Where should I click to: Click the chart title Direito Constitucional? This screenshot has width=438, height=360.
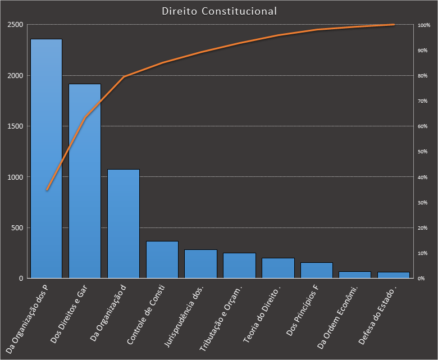click(219, 11)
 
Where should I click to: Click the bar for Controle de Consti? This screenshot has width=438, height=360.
click(162, 259)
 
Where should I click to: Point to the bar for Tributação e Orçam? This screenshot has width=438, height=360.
click(239, 266)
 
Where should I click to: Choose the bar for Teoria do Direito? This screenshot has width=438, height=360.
click(277, 268)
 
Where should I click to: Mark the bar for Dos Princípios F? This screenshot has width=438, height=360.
click(316, 270)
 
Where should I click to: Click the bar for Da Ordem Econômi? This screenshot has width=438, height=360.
click(355, 275)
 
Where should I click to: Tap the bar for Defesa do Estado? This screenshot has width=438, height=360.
click(393, 275)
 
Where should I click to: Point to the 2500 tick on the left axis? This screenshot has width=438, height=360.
click(15, 25)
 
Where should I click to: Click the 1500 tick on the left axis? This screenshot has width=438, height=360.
click(15, 126)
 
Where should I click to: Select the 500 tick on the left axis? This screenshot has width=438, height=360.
click(17, 227)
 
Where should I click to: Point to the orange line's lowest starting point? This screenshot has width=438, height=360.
click(47, 190)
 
